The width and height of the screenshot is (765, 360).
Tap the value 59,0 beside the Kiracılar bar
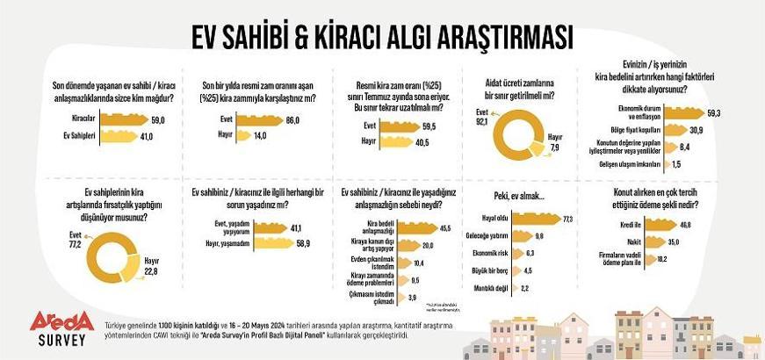[x=159, y=118]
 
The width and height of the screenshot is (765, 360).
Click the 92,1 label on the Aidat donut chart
[x=480, y=119]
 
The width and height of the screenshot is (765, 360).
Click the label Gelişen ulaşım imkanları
[x=624, y=164]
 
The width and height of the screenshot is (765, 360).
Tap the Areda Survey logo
[x=60, y=329]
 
